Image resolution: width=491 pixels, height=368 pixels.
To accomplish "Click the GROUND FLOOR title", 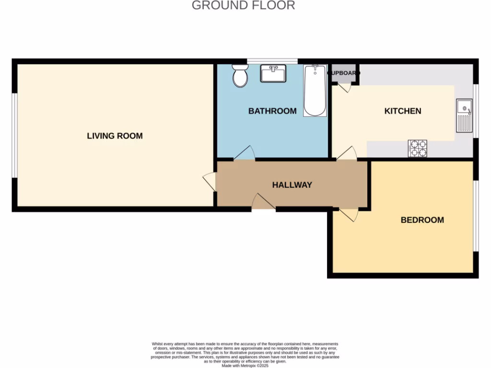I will coord(243,5).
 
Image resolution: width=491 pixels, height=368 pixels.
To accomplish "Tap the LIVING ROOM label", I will coord(115,136).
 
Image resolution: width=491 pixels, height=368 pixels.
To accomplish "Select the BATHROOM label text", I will coord(272,111).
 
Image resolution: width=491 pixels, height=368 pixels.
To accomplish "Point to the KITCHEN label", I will coord(403,111).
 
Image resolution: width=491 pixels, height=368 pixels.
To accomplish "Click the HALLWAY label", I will coord(292,184).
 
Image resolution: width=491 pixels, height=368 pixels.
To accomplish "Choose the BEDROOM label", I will coord(422,220).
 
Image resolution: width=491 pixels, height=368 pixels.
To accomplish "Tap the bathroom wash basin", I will coord(273,74).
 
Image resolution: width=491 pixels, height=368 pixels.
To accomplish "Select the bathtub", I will coord(315,91).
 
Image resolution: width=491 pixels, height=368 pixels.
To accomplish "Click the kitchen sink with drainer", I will coord(464,115).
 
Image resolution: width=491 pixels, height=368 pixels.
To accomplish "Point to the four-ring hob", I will coord(417,148).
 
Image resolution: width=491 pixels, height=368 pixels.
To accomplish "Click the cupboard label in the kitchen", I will coord(343,73).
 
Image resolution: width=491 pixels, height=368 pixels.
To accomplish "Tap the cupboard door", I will coord(344,88).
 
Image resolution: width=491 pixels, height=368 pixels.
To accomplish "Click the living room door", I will coord(210,182).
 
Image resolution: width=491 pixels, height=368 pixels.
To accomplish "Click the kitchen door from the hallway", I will coord(347,153).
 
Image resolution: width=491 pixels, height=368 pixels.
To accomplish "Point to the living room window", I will coord(15,136).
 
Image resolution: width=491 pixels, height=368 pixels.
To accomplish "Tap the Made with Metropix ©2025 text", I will coord(245,366).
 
